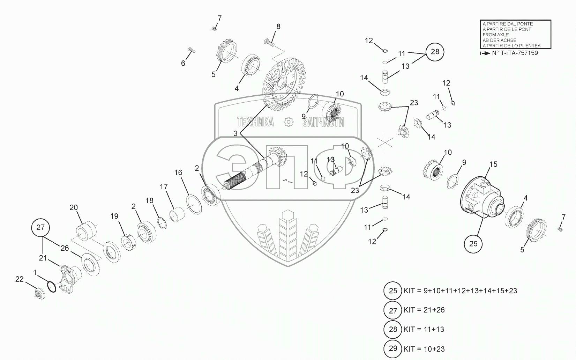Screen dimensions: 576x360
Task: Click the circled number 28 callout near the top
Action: pyautogui.click(x=435, y=52)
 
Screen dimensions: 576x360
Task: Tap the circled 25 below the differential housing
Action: pyautogui.click(x=473, y=243)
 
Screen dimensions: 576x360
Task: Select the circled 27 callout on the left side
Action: pyautogui.click(x=41, y=227)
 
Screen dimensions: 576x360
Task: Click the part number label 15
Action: pyautogui.click(x=493, y=164)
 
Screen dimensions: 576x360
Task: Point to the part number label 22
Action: pyautogui.click(x=20, y=279)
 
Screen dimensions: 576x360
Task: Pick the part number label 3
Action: pyautogui.click(x=235, y=133)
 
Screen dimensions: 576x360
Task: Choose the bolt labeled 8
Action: pyautogui.click(x=270, y=43)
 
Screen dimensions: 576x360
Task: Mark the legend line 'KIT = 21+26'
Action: pyautogui.click(x=424, y=310)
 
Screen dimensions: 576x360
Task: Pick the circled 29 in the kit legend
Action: pyautogui.click(x=393, y=348)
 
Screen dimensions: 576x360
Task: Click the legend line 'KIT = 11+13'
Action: pyautogui.click(x=424, y=329)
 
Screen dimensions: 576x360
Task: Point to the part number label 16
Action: pyautogui.click(x=178, y=172)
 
